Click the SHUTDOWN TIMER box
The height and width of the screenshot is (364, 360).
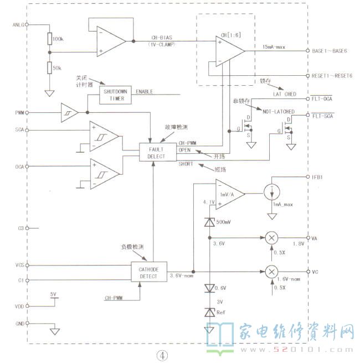[116, 95]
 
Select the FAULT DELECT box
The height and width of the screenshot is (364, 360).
[157, 152]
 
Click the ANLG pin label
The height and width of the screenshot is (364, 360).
[18, 25]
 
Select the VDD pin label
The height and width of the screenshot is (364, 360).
[19, 305]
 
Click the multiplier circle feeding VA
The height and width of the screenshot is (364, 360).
[271, 237]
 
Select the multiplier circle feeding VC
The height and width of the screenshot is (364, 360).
[271, 272]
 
